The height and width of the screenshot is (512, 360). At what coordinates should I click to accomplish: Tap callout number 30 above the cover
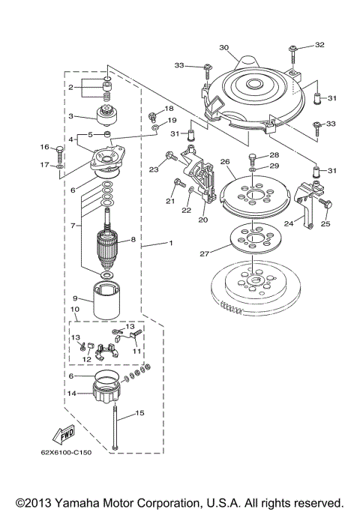point(223,46)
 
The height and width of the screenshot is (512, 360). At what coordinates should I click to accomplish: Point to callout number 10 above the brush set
point(75,309)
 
